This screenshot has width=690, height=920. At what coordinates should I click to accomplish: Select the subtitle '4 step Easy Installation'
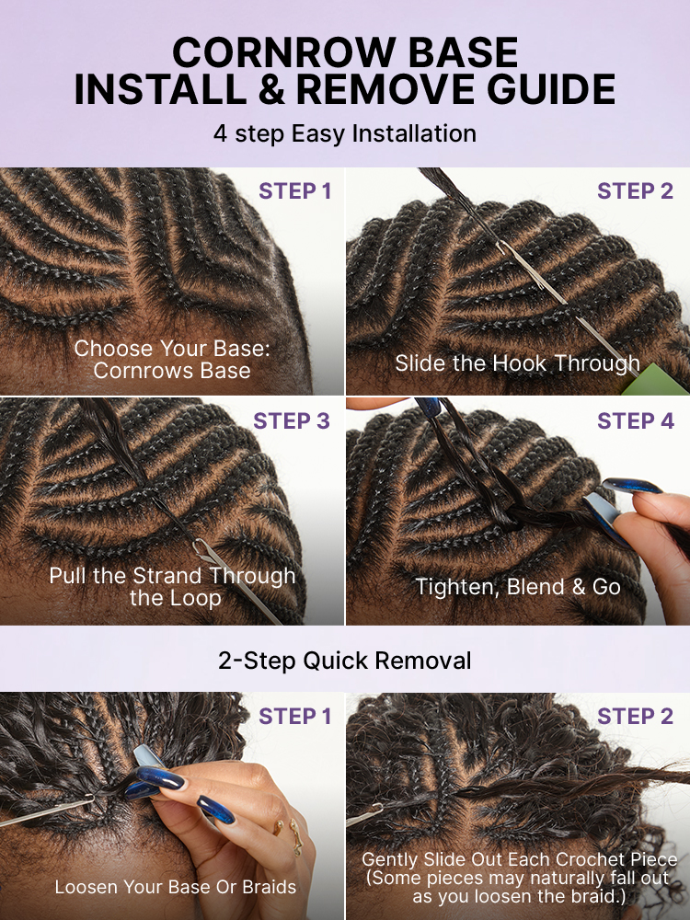tap(345, 133)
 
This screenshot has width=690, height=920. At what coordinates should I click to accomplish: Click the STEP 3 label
tap(292, 420)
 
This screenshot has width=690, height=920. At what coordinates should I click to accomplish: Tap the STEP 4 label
tap(636, 420)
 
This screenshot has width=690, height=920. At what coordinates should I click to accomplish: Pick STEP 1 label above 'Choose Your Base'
tap(295, 190)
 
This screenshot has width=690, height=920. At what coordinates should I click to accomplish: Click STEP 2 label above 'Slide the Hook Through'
tap(636, 190)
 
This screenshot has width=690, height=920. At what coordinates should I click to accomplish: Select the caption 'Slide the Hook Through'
tap(517, 363)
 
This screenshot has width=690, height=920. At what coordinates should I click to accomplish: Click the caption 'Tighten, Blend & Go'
tap(518, 587)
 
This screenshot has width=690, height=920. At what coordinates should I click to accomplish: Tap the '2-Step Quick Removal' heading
tap(344, 661)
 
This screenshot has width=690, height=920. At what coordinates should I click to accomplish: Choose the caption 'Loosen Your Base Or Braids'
tap(176, 887)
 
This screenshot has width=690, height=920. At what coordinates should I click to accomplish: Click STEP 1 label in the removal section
tap(295, 716)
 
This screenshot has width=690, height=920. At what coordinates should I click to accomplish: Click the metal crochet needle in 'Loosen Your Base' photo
tap(47, 811)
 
